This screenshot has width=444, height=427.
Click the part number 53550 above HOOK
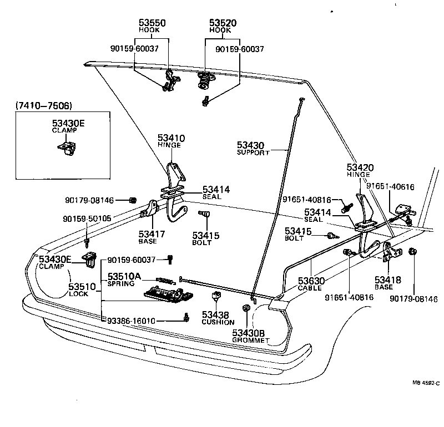tap(152, 23)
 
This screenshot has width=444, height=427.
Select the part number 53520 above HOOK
tap(223, 23)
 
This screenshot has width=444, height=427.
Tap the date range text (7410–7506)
tap(44, 105)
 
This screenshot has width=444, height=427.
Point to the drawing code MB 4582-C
tap(426, 383)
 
